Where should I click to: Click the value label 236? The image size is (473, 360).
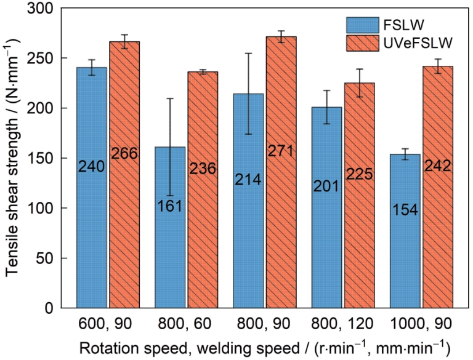click(x=203, y=169)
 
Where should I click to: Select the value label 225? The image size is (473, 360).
click(x=359, y=174)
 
